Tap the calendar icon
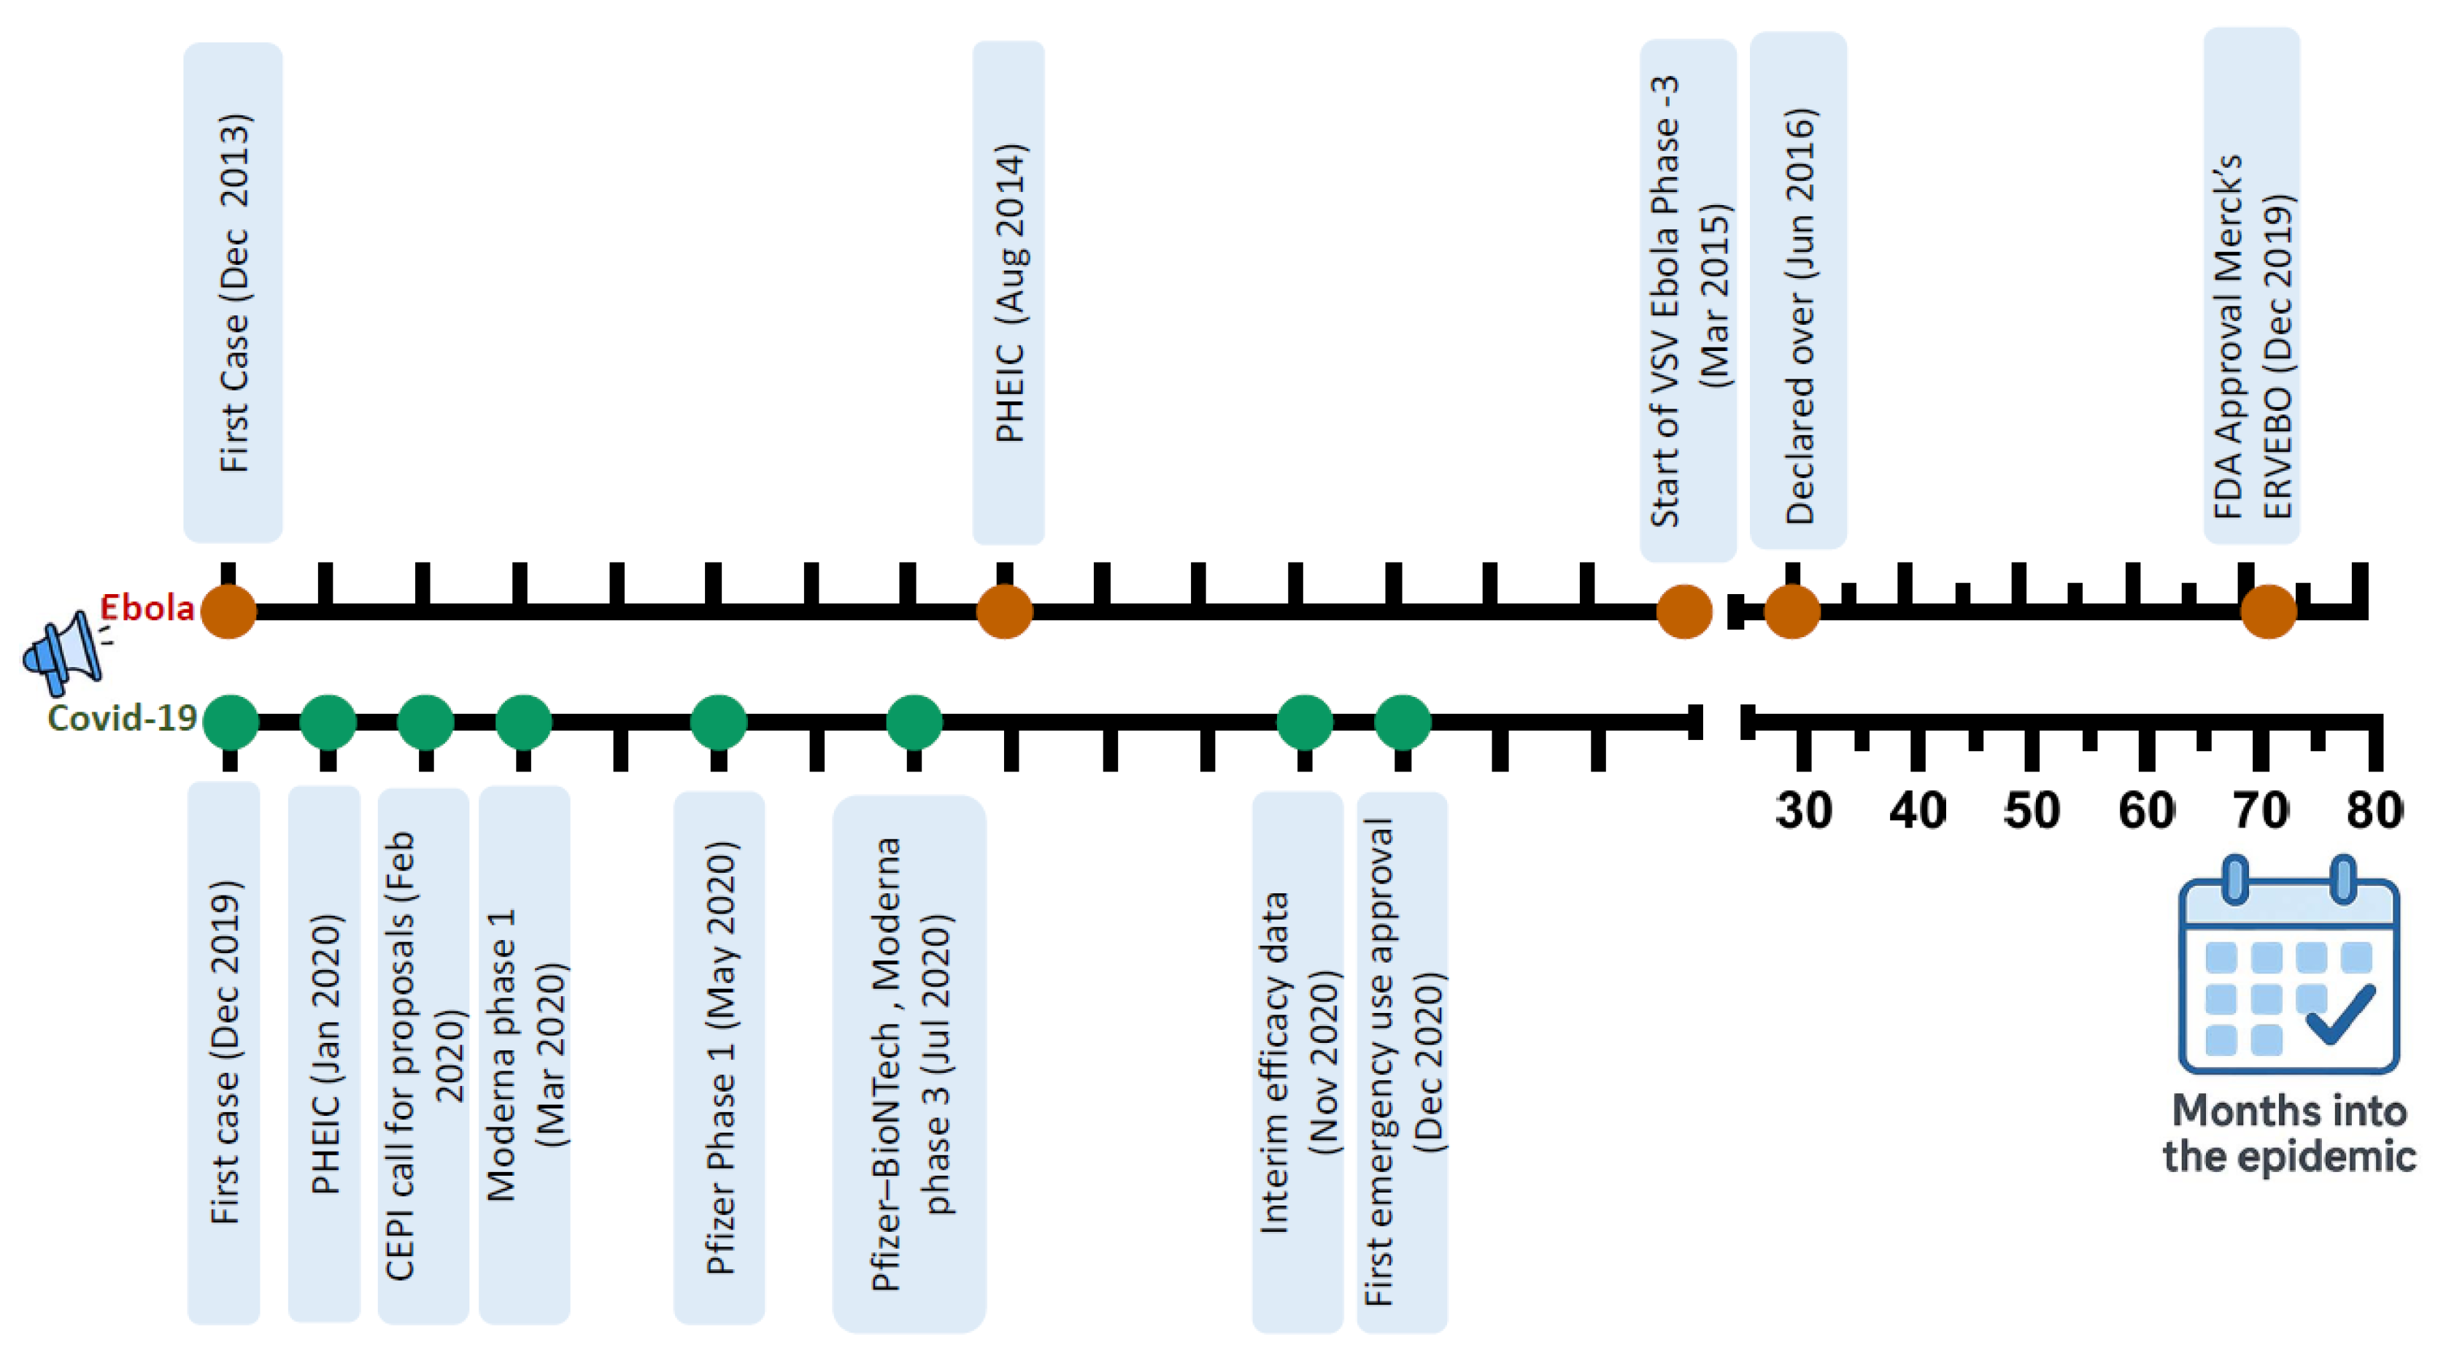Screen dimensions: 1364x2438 [2288, 966]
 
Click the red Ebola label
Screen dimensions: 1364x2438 [147, 608]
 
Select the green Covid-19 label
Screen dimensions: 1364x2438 [122, 718]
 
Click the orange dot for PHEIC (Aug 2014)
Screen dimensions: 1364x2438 [1004, 612]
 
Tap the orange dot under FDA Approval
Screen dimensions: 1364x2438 [2269, 612]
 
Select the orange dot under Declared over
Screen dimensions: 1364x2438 [1791, 612]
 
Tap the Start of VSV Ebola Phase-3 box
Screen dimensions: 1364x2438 [1688, 300]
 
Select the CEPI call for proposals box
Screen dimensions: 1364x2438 [423, 1055]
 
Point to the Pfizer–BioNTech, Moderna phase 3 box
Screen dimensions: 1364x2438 [909, 1064]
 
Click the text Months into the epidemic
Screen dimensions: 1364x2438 [2288, 1133]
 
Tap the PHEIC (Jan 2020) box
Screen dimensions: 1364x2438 [324, 1054]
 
